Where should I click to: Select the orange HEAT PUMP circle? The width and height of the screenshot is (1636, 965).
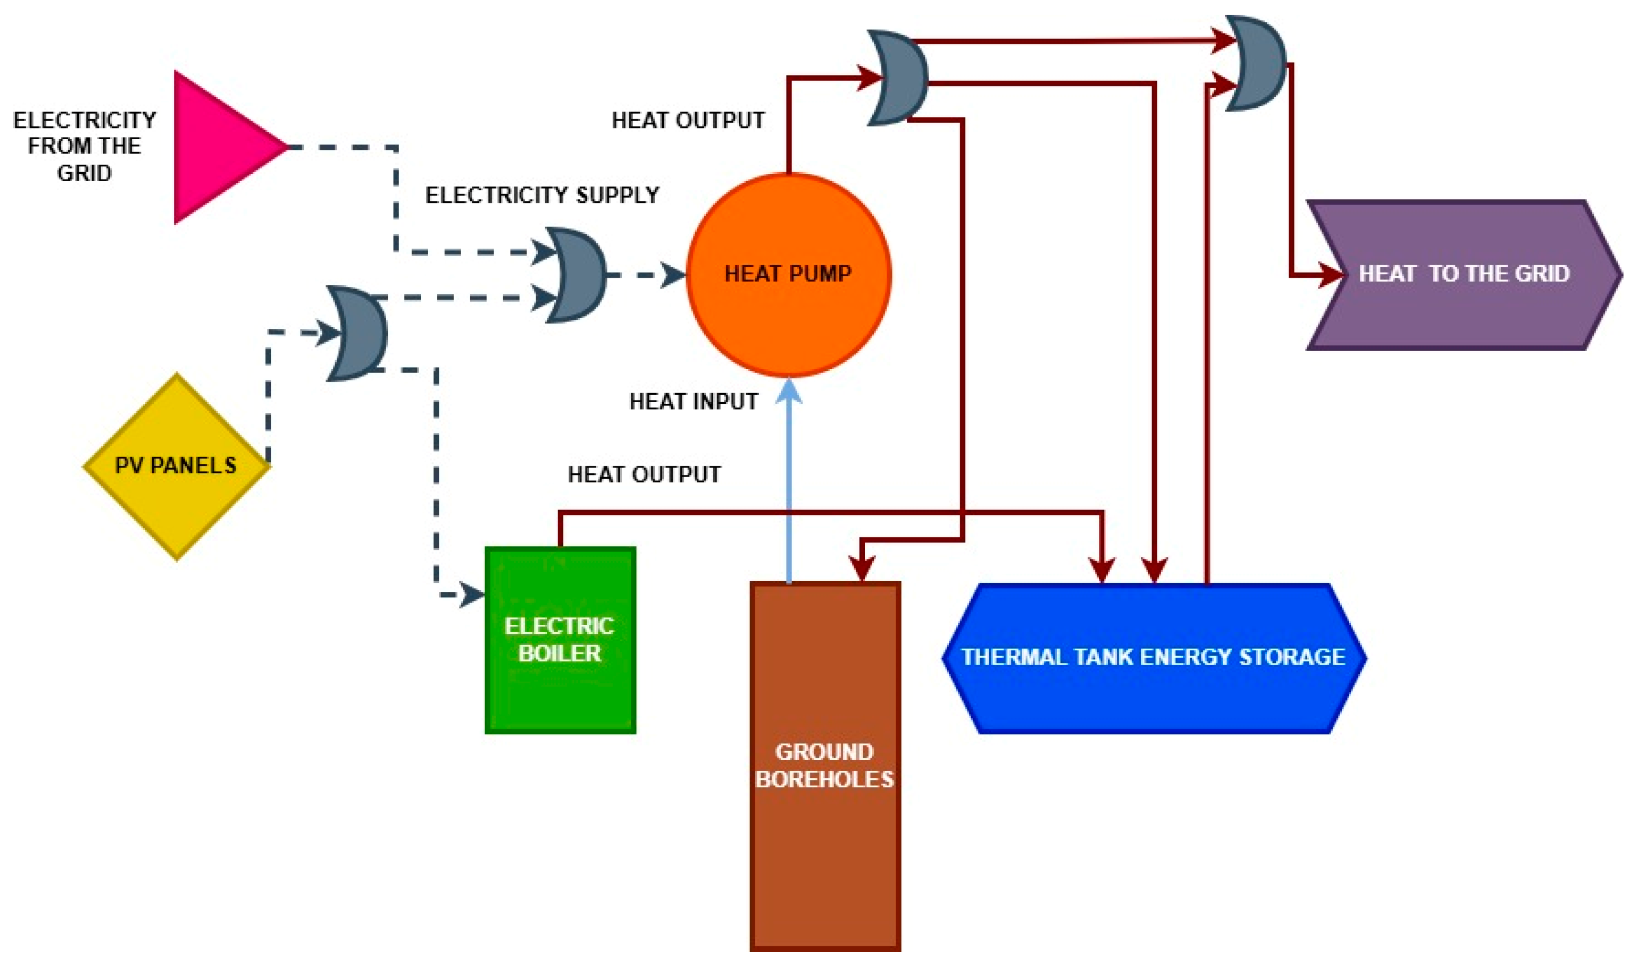(788, 275)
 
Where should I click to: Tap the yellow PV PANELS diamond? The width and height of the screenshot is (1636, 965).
(176, 466)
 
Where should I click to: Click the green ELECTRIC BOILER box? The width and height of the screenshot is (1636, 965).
(560, 641)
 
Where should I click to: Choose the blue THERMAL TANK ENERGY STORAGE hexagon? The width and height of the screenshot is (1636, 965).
(1154, 658)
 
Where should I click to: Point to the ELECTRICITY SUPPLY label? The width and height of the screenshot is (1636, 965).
(542, 195)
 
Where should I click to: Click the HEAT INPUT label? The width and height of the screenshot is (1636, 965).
(693, 402)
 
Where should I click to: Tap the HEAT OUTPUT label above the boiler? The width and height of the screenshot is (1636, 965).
(644, 475)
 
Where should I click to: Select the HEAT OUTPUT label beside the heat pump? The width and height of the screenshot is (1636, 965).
(688, 120)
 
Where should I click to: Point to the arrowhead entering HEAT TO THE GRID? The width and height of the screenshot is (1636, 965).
(1330, 274)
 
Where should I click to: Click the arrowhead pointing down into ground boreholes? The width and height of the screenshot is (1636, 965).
(862, 570)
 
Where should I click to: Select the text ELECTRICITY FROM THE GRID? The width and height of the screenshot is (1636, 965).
(85, 147)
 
